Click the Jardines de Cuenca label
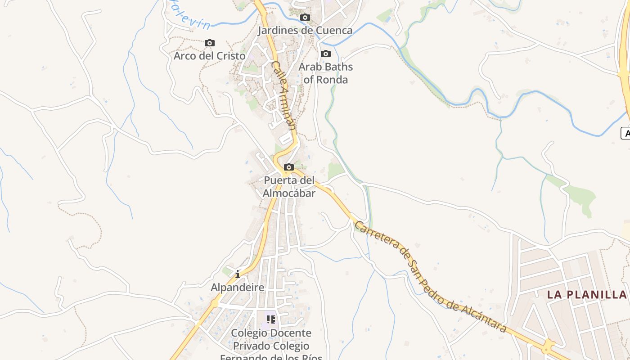[x=305, y=31]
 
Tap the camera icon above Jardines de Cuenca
[x=305, y=18]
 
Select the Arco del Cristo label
[x=210, y=56]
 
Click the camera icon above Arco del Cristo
[x=210, y=43]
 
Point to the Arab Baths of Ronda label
[x=326, y=73]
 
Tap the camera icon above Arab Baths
[x=326, y=54]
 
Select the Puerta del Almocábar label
[x=289, y=187]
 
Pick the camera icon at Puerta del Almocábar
[x=289, y=167]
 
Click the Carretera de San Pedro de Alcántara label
[x=431, y=277]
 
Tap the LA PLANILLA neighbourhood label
[x=587, y=295]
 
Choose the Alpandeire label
[x=238, y=287]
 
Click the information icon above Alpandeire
[x=238, y=274]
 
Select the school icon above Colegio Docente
[x=271, y=319]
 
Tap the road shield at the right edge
[x=626, y=133]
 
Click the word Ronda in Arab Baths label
[x=332, y=80]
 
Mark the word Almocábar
[x=289, y=193]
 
